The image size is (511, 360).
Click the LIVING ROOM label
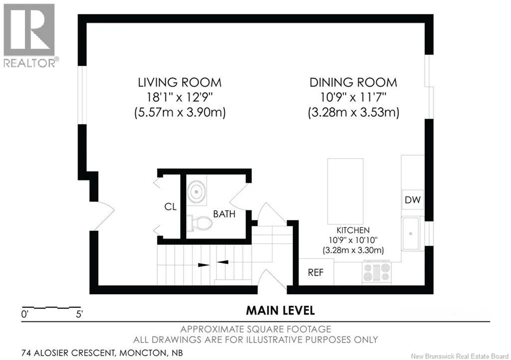(180, 83)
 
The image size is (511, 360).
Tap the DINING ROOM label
(353, 83)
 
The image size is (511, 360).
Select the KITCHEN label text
(353, 230)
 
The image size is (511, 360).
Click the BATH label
(224, 214)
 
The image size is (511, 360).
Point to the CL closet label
(171, 206)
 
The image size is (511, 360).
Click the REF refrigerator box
(316, 272)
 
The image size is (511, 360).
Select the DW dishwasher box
(413, 199)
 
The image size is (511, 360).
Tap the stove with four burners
(377, 272)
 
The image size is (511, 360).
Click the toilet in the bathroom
(199, 223)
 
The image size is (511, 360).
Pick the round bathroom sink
(196, 191)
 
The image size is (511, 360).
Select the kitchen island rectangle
(345, 191)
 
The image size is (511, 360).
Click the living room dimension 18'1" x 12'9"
(180, 97)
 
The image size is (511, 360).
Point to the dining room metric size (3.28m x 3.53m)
(354, 113)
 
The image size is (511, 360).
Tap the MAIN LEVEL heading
(280, 311)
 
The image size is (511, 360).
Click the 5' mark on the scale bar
(79, 314)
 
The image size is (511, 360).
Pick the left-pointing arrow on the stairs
(223, 262)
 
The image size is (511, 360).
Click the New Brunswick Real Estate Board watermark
(460, 356)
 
